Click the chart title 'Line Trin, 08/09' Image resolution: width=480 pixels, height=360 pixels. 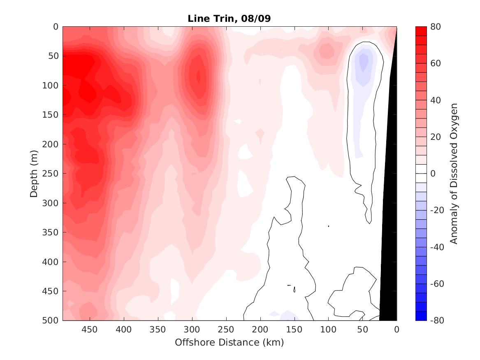[229, 19]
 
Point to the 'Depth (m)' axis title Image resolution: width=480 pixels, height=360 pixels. [34, 174]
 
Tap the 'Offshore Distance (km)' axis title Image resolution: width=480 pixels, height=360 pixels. [229, 342]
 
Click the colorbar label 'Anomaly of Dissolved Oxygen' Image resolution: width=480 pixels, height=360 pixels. [454, 173]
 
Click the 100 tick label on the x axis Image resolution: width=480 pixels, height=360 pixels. [328, 330]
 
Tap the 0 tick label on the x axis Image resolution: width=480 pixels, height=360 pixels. [397, 330]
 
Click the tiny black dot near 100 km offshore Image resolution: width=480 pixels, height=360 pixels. [329, 226]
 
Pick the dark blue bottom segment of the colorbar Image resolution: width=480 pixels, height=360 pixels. [421, 316]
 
